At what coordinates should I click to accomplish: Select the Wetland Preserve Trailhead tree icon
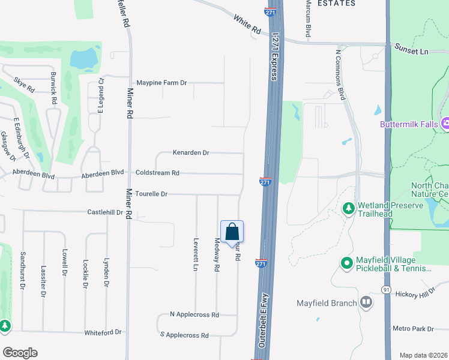[348, 208]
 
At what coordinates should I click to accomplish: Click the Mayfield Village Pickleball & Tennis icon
[346, 263]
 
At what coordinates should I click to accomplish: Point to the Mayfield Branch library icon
[366, 303]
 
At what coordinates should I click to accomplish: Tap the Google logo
[20, 353]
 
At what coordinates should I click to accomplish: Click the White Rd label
[247, 25]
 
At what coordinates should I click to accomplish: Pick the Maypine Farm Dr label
[161, 82]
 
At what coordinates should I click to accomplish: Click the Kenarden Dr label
[191, 153]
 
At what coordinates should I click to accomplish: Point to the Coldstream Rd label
[157, 173]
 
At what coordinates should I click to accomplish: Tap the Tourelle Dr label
[151, 194]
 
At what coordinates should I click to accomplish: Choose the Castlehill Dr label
[105, 212]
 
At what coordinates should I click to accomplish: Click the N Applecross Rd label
[194, 314]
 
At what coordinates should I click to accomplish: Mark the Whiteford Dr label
[103, 332]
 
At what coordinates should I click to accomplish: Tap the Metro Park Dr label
[412, 328]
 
